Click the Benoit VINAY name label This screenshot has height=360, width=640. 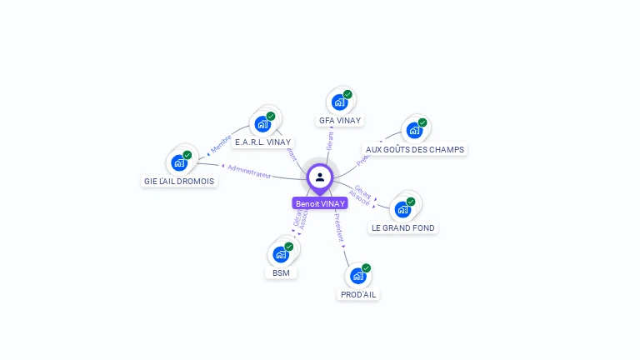pyautogui.click(x=320, y=203)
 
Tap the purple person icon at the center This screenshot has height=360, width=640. pyautogui.click(x=320, y=177)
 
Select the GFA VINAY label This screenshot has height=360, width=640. pyautogui.click(x=339, y=120)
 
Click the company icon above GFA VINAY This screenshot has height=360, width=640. pyautogui.click(x=340, y=102)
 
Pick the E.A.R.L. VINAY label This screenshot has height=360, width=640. pyautogui.click(x=262, y=142)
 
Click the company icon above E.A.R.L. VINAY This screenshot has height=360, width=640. pyautogui.click(x=263, y=124)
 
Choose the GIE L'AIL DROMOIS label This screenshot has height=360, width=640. pyautogui.click(x=179, y=181)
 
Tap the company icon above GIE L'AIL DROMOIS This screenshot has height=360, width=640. pyautogui.click(x=179, y=162)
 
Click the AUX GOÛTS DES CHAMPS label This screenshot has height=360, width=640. pyautogui.click(x=415, y=149)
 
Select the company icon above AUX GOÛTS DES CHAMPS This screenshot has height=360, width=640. pyautogui.click(x=414, y=131)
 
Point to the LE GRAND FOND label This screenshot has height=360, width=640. pyautogui.click(x=403, y=227)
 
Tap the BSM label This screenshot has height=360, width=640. pyautogui.click(x=281, y=272)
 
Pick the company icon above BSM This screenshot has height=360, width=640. pyautogui.click(x=281, y=254)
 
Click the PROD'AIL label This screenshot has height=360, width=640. pyautogui.click(x=358, y=294)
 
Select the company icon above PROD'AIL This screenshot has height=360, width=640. pyautogui.click(x=358, y=276)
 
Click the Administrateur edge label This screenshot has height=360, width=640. pyautogui.click(x=249, y=172)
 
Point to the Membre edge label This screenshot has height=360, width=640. pyautogui.click(x=221, y=143)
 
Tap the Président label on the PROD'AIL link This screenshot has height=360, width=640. pyautogui.click(x=338, y=227)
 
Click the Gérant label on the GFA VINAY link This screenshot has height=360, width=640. pyautogui.click(x=330, y=140)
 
